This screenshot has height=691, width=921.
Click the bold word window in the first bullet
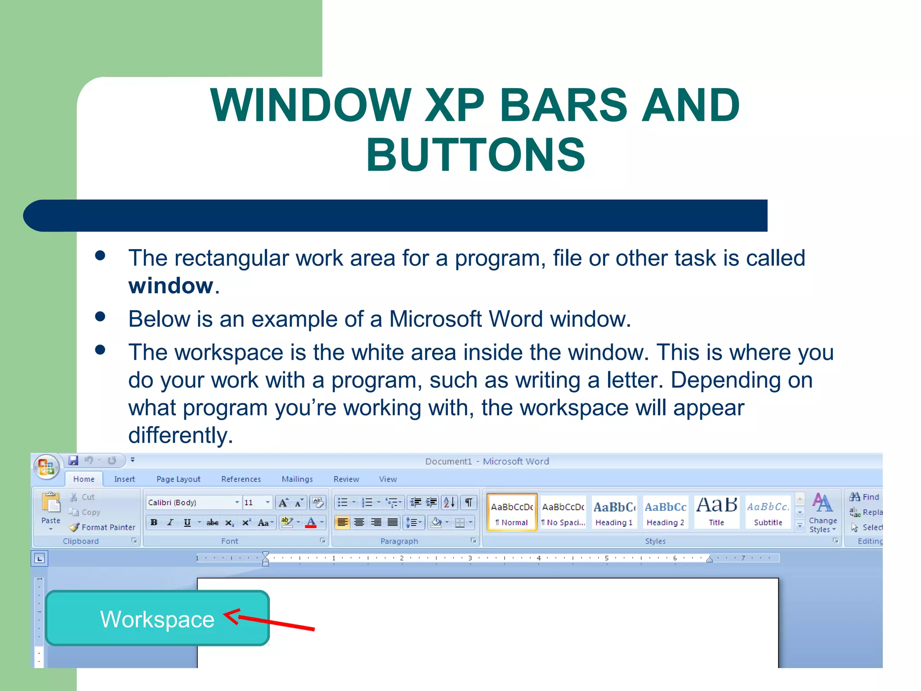point(170,286)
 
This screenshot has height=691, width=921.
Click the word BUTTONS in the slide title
point(475,155)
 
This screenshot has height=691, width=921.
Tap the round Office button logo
point(46,466)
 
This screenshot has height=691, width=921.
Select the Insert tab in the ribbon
point(124,479)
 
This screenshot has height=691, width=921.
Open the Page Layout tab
point(178,479)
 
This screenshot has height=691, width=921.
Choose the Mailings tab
point(297,479)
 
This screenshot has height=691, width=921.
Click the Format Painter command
point(103,527)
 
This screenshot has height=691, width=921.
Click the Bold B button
point(154,522)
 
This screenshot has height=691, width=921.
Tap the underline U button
point(187,522)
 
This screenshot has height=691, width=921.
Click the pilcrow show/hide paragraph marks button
point(469,503)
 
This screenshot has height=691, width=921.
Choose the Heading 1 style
point(614,513)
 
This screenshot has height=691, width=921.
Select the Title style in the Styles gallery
point(716,513)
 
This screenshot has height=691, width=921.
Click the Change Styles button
point(823,513)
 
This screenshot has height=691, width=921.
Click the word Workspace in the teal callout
point(157,619)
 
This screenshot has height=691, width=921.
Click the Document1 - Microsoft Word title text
point(487,461)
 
